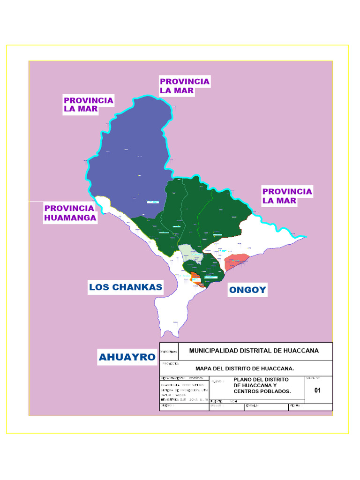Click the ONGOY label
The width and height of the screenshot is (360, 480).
[x=247, y=290]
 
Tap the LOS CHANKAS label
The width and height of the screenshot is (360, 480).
[x=126, y=287]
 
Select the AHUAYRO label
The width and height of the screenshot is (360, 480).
[x=127, y=357]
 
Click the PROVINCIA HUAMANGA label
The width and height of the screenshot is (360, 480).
[x=70, y=213]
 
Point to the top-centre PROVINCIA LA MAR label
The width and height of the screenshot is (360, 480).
[x=184, y=86]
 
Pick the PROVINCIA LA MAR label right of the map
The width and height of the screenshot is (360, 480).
[x=287, y=196]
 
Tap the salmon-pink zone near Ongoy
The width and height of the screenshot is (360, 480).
[x=235, y=261]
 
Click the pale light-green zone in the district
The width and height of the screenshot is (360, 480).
[x=190, y=253]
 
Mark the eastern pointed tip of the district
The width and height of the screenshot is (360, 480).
[x=306, y=237]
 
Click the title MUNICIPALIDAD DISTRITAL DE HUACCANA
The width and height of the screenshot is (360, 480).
[x=254, y=351]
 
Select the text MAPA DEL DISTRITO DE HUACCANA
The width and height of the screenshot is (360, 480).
[x=245, y=368]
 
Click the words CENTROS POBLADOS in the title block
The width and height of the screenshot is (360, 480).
[x=262, y=391]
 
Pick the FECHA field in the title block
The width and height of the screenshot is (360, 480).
[x=295, y=406]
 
